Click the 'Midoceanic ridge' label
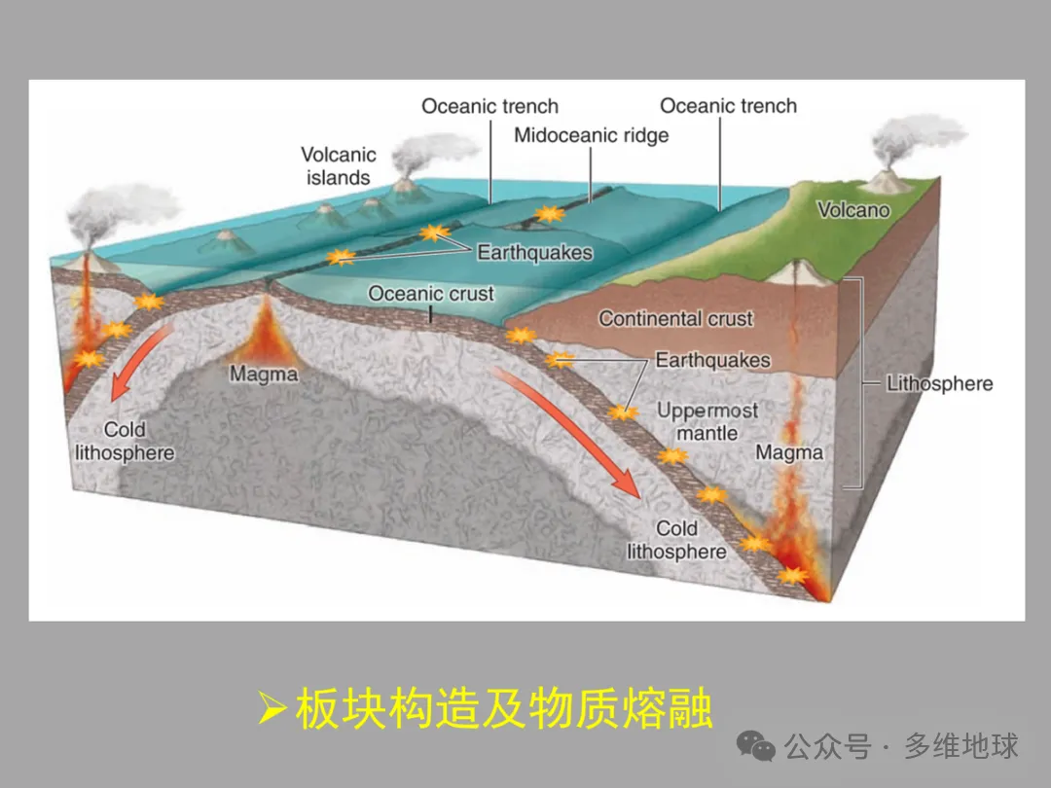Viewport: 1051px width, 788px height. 591,135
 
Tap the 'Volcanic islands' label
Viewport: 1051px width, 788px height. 338,166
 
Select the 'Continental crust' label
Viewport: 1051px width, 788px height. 675,318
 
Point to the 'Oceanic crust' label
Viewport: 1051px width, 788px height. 431,294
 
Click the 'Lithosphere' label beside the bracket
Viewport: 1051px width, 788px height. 939,383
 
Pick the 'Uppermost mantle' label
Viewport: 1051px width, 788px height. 707,421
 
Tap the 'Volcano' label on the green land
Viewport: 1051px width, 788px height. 852,209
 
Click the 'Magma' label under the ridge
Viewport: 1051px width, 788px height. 263,374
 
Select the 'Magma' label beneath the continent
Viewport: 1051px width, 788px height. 788,452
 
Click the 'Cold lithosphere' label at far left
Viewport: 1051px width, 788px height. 125,442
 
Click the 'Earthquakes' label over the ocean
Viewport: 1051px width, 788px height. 534,253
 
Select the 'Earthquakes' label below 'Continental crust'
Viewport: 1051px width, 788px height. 712,361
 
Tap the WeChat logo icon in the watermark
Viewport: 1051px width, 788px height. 756,746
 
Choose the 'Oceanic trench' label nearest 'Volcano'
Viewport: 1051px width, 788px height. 728,106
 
